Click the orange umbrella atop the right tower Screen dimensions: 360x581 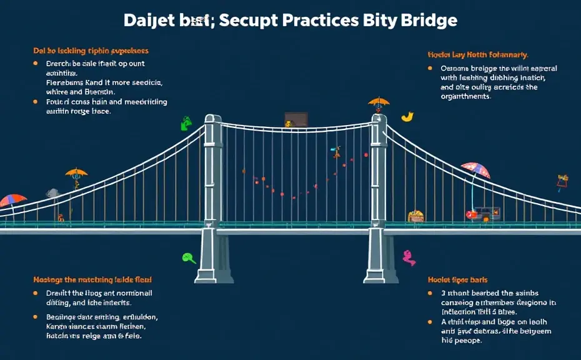(379, 101)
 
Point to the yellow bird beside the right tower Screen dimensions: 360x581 (407, 116)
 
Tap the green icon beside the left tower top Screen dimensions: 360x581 (186, 123)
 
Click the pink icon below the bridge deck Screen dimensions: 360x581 (409, 256)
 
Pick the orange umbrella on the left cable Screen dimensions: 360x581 (76, 174)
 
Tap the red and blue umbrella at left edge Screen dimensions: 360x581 (13, 201)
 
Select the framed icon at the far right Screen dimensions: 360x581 (562, 181)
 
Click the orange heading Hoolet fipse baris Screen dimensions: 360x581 (457, 279)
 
